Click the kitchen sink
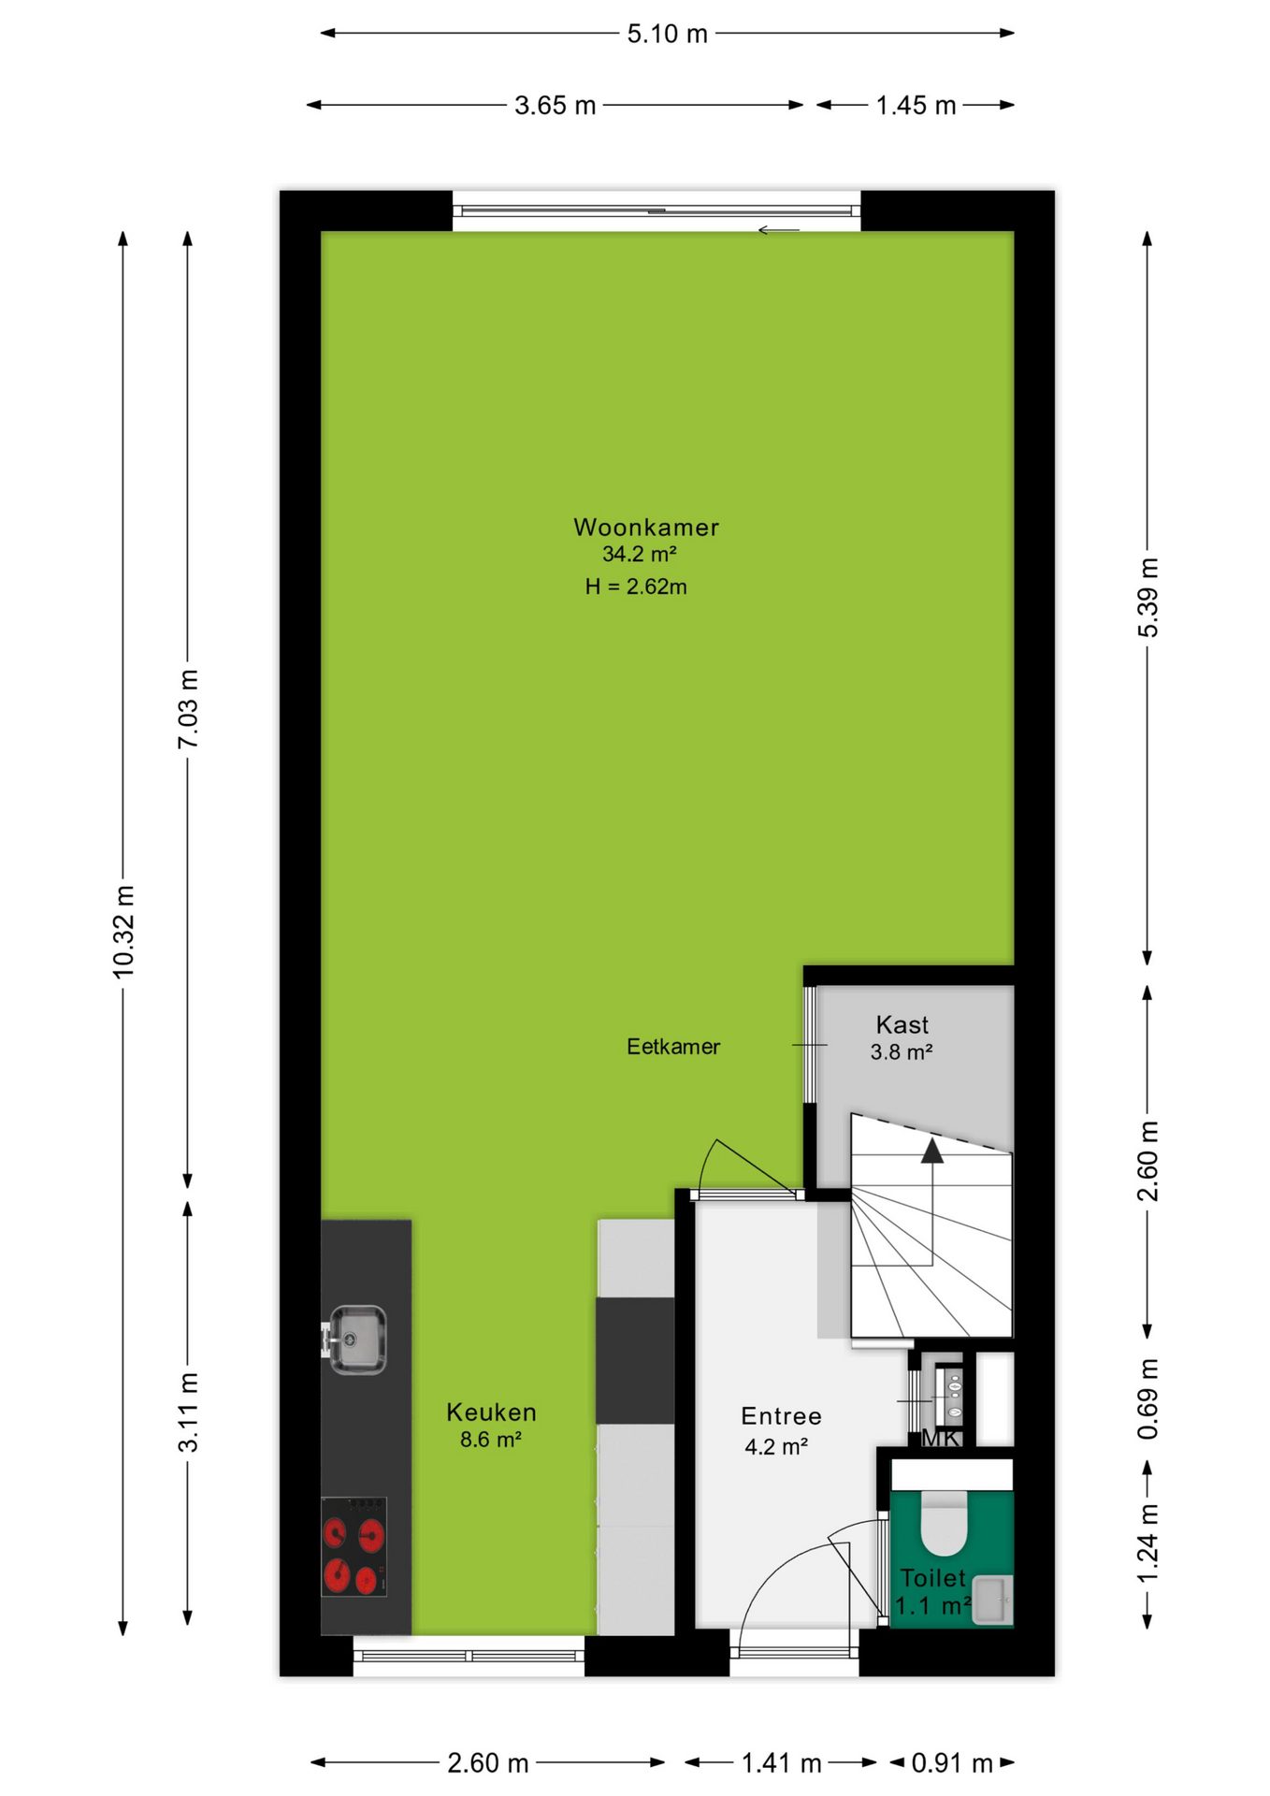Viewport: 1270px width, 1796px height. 354,1340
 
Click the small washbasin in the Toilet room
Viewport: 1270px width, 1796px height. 992,1600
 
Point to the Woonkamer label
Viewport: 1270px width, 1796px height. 646,527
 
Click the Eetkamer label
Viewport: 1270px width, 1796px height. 673,1047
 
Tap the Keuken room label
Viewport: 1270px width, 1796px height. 491,1412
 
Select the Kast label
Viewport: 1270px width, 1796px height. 902,1024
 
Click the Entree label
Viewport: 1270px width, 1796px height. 781,1416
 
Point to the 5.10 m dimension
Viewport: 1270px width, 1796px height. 667,34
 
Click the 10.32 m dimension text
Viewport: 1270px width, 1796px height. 124,932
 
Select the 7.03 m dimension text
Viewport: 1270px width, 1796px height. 189,709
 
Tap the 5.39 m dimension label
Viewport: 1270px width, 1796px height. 1148,598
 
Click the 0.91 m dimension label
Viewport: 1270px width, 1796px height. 952,1763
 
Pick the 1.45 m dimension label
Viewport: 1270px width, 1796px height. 916,106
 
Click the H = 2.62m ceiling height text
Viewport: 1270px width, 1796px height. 636,587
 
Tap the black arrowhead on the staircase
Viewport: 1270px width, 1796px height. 932,1150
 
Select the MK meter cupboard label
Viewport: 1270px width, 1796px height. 941,1438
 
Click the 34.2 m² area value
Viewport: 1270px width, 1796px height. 639,554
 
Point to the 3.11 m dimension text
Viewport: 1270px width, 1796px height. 189,1412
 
